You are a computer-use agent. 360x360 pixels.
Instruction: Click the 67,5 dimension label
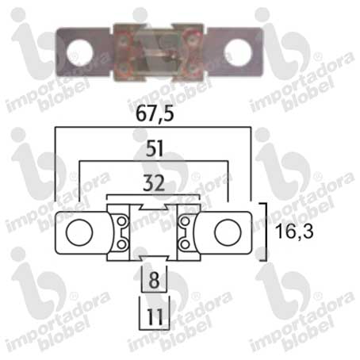(155, 114)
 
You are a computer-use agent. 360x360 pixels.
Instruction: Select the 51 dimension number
(155, 148)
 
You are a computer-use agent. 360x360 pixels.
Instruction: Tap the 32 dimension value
(154, 183)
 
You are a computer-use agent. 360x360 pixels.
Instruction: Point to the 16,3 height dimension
(294, 231)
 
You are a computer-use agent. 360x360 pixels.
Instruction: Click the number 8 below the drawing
(155, 280)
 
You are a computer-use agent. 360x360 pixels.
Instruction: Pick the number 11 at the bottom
(155, 316)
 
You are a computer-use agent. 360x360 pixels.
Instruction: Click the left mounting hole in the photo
(80, 53)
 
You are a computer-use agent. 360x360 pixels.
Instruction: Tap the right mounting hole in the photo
(238, 52)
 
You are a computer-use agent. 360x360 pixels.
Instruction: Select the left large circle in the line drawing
(79, 232)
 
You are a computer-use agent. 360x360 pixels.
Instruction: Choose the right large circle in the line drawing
(228, 232)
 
